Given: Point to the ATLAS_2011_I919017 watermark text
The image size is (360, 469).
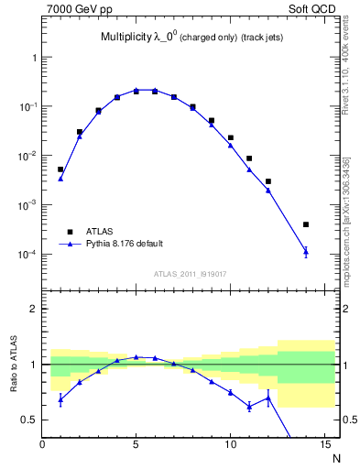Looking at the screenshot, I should pyautogui.click(x=190, y=273).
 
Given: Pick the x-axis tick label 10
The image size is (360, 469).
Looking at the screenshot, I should pyautogui.click(x=230, y=446).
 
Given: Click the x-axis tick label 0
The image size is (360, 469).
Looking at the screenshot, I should pyautogui.click(x=42, y=446).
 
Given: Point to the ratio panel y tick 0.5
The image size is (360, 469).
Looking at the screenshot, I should pyautogui.click(x=29, y=420).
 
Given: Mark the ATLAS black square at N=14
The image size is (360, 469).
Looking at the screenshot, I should pyautogui.click(x=306, y=224).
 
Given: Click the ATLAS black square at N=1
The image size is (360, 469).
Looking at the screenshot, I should pyautogui.click(x=60, y=169).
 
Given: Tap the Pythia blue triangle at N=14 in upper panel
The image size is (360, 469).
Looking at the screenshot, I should pyautogui.click(x=306, y=251).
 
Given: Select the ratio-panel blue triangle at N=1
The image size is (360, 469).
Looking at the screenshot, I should pyautogui.click(x=60, y=398).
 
